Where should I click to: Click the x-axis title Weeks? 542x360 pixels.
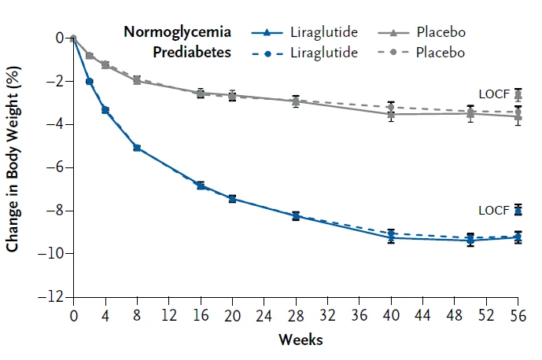300,340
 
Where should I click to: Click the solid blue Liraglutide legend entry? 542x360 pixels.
304,32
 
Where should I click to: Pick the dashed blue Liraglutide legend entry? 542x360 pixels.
304,52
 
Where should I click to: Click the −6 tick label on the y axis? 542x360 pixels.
57,167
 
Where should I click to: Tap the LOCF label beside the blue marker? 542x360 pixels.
494,210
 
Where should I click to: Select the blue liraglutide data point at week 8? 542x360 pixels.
137,148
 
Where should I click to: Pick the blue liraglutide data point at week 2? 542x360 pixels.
89,81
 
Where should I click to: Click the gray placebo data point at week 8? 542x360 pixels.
137,80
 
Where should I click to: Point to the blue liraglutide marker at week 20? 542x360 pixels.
232,199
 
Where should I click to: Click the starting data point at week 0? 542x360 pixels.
73,38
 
